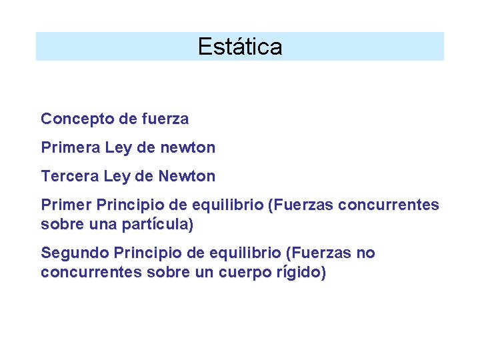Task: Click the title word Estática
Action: point(240,47)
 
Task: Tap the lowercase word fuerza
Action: point(165,119)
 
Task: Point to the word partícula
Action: point(157,225)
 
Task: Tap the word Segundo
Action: point(75,253)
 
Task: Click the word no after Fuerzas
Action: point(365,253)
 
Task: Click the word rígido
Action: point(299,273)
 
